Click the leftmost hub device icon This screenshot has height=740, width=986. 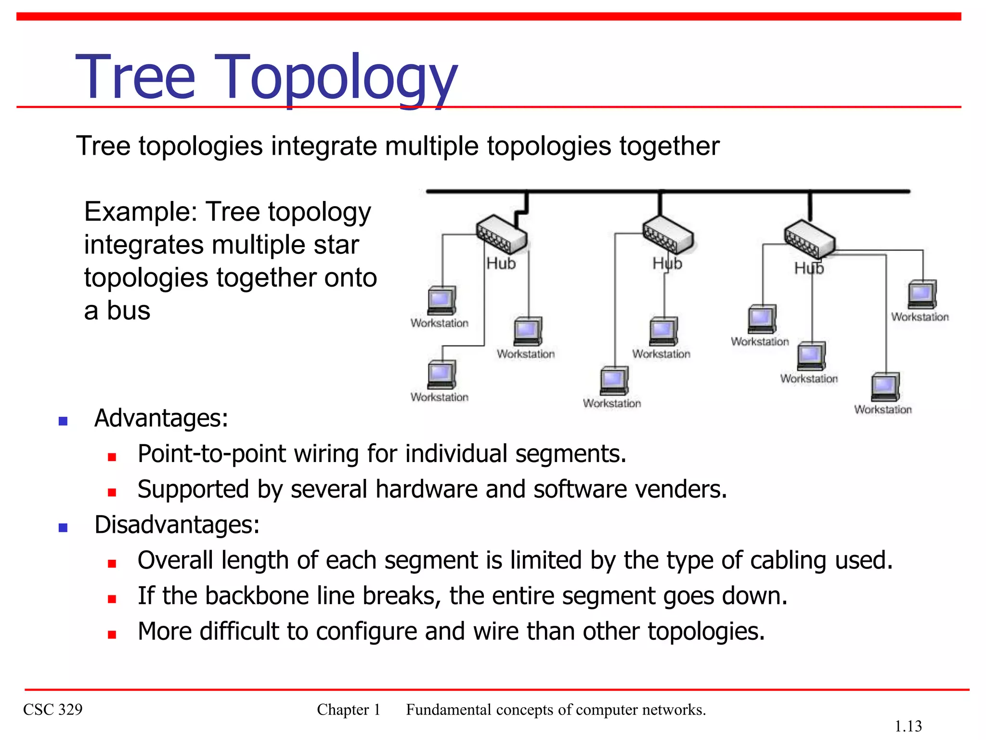[501, 234]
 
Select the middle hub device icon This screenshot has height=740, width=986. [668, 233]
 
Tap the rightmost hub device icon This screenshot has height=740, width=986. [809, 239]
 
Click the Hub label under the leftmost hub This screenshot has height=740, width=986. [501, 264]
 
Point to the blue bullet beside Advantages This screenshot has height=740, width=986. [63, 421]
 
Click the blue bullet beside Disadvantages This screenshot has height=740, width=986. [63, 527]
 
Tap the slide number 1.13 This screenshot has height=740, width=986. [908, 726]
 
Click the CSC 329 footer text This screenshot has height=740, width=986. [53, 709]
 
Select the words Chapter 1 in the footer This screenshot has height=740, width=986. [349, 709]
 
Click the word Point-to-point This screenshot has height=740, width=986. [211, 454]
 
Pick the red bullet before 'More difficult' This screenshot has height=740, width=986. [112, 634]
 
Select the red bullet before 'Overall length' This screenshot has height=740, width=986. [112, 564]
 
